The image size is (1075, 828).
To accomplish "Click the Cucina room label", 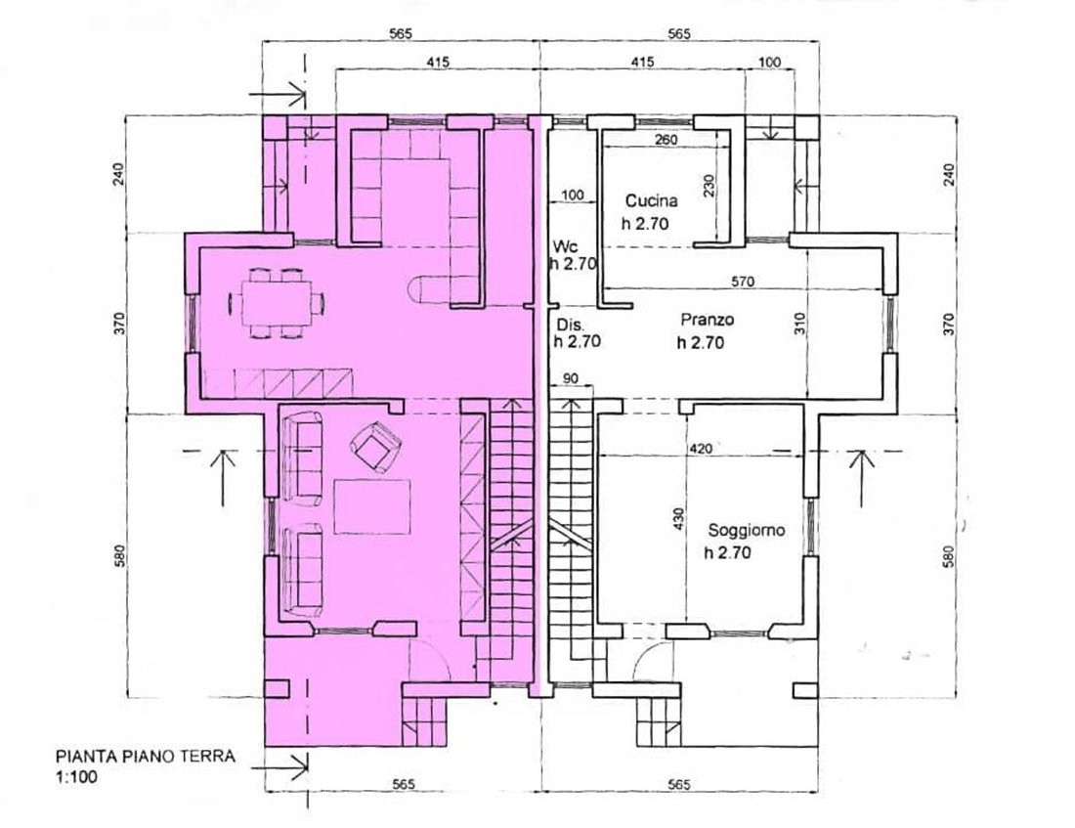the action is pos(651,201).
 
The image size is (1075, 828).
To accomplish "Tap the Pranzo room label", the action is pos(708,320).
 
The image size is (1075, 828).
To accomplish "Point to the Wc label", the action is pos(566,247).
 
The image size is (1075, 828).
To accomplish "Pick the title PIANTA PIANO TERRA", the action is pos(146,757).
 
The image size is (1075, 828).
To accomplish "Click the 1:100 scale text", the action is pos(76,776).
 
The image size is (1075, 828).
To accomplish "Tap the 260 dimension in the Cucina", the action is pos(666,140).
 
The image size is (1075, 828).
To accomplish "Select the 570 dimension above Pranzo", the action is pos(743,282).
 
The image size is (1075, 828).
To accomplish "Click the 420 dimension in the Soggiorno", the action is pos(700,449).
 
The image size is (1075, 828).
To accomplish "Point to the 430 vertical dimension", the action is pos(679,519).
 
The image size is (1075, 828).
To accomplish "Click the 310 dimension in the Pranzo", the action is pos(800,324).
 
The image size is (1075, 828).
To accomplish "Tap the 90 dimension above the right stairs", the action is pos(570,378).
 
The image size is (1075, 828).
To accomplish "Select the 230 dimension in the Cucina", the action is pos(709,186).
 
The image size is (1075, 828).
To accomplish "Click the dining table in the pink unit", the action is pos(276,302).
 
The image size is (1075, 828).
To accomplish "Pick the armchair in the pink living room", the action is pos(374,447).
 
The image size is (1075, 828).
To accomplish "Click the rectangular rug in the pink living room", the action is pos(372,506).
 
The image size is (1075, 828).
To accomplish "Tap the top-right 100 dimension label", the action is pos(770,62).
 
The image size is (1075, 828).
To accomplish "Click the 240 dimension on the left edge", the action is pos(119,175).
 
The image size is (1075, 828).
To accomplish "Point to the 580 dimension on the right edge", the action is pos(949,556).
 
